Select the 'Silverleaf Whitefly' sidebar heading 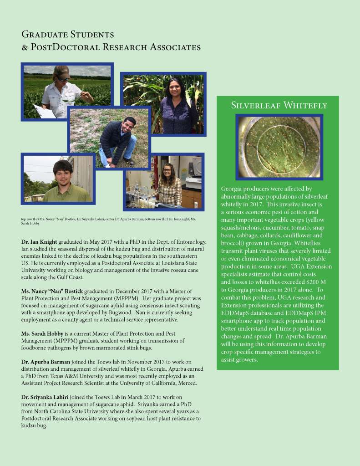279,106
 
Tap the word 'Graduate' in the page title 46,35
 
